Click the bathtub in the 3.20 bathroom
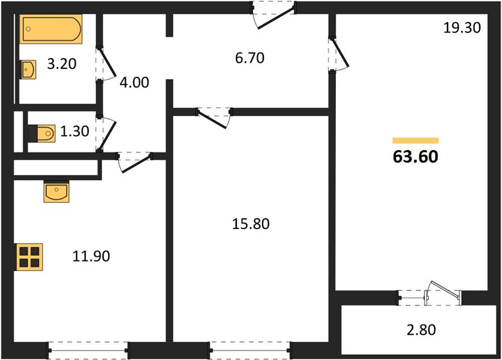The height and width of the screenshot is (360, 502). (x=51, y=29)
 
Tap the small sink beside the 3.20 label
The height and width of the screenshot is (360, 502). (x=29, y=70)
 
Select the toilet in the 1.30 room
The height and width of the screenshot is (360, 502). (x=41, y=134)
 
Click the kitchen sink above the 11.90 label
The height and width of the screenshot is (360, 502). (x=56, y=191)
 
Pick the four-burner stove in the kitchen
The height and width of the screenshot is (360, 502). (x=29, y=257)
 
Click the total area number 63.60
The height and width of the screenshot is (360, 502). (x=415, y=157)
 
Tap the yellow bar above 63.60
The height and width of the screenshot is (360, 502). (x=416, y=140)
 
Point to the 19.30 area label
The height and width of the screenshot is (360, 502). (x=462, y=28)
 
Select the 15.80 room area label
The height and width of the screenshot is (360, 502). (x=251, y=224)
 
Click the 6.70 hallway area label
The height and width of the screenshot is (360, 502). (x=250, y=58)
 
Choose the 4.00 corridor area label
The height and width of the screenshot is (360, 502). (x=134, y=83)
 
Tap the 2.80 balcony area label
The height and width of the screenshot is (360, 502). (x=421, y=330)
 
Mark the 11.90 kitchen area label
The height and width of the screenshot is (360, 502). (x=91, y=256)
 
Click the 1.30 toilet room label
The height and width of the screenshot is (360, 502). (x=74, y=131)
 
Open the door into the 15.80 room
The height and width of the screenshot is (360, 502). (x=214, y=117)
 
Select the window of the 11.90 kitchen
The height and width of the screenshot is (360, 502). (x=88, y=350)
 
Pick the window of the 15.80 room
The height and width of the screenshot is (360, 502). (x=250, y=350)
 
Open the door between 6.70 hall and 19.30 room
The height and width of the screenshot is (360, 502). (x=338, y=55)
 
